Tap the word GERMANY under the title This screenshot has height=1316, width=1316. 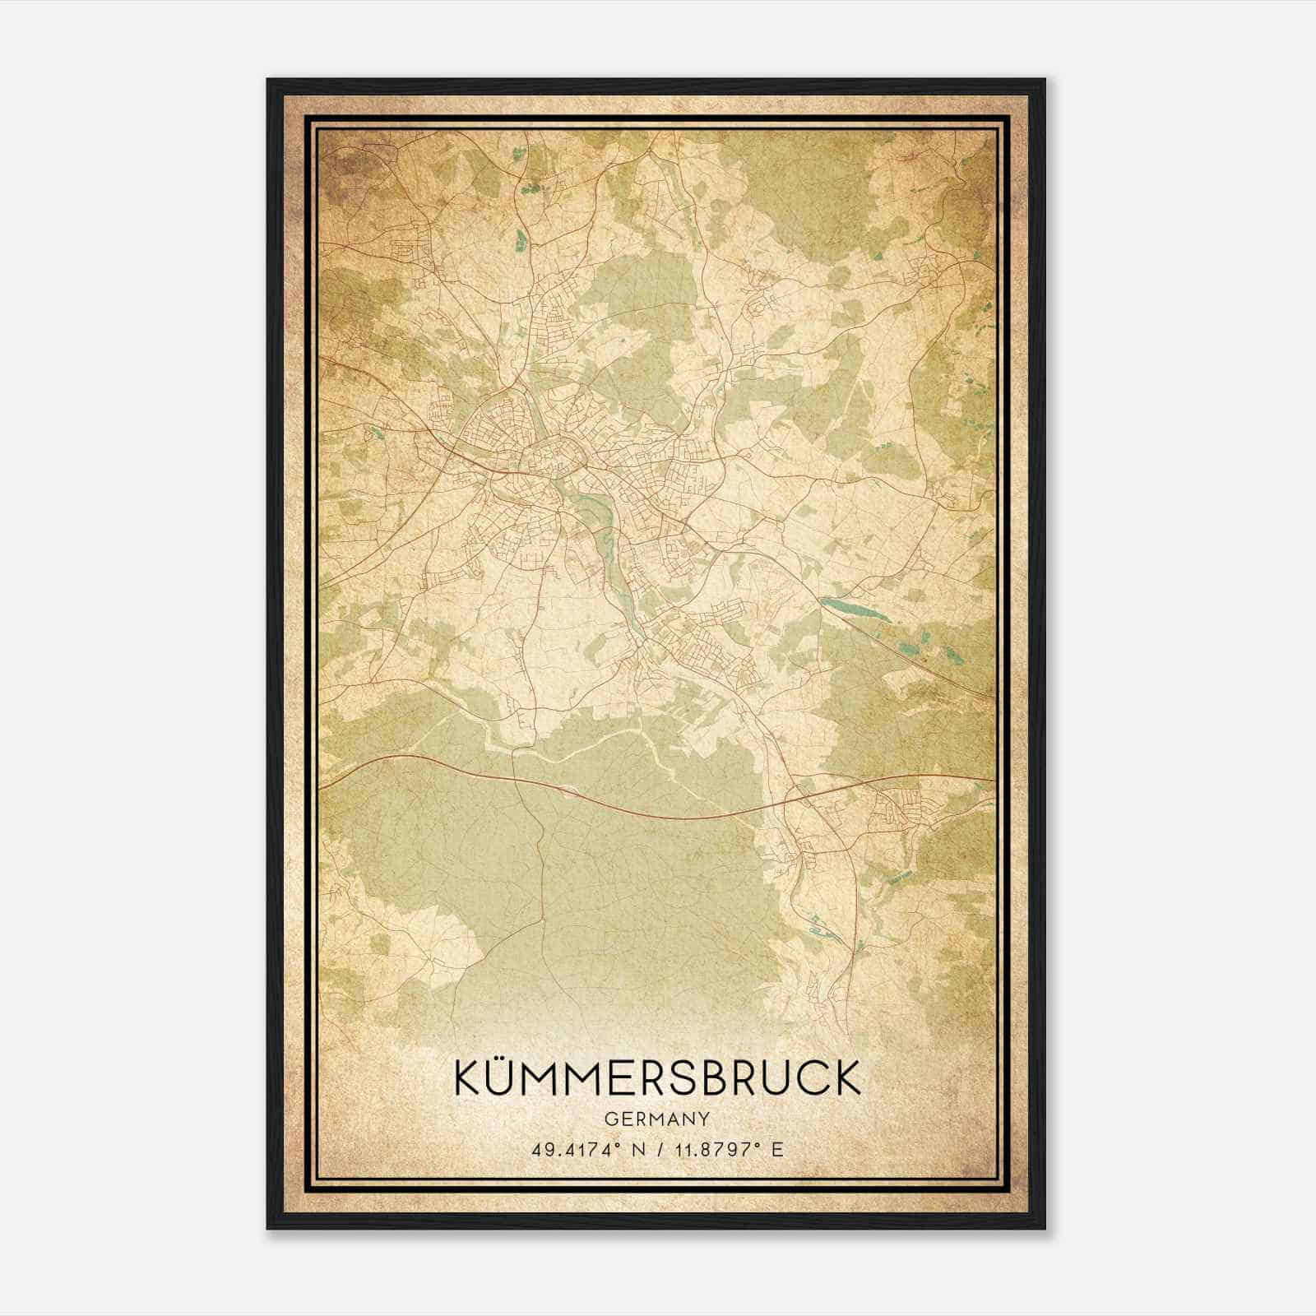(x=656, y=1119)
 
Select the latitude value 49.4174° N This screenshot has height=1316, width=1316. (x=585, y=1149)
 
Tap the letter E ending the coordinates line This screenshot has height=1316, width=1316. (x=777, y=1149)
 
